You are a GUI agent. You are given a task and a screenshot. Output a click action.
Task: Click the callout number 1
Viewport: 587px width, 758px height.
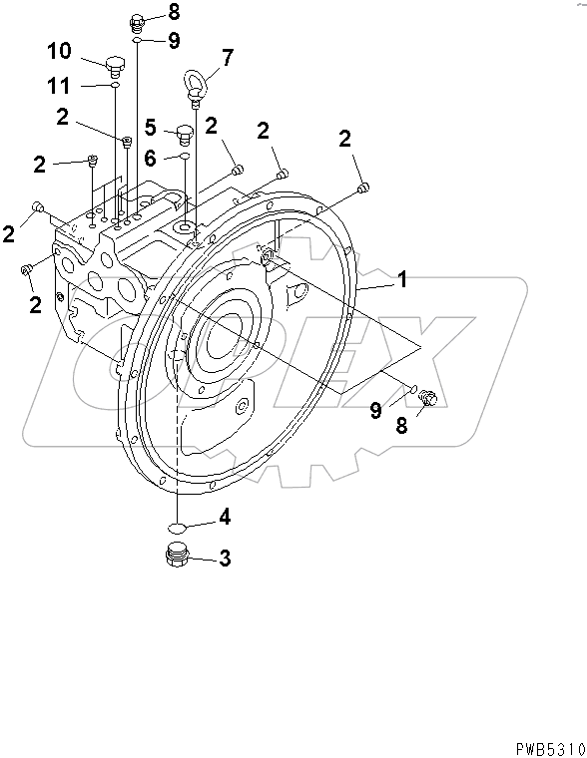tap(403, 280)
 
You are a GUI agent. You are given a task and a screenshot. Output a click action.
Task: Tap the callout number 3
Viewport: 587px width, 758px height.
tap(225, 560)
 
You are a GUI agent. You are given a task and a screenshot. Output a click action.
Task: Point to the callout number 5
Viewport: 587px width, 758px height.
tap(150, 127)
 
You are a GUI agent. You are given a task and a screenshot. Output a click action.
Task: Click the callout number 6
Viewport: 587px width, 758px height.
tap(150, 157)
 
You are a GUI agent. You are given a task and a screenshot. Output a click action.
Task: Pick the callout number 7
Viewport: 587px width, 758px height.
tap(228, 58)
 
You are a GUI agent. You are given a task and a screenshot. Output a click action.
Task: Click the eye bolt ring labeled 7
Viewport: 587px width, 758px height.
tap(193, 82)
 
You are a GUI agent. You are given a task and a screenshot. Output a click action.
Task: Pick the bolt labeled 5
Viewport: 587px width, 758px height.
tap(184, 131)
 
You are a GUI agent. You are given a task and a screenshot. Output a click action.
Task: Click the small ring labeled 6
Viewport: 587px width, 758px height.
tap(184, 157)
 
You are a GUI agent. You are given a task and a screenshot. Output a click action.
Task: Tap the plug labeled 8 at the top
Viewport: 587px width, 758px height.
tap(139, 22)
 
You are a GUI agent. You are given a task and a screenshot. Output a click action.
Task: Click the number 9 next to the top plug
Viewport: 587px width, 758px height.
tap(174, 41)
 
